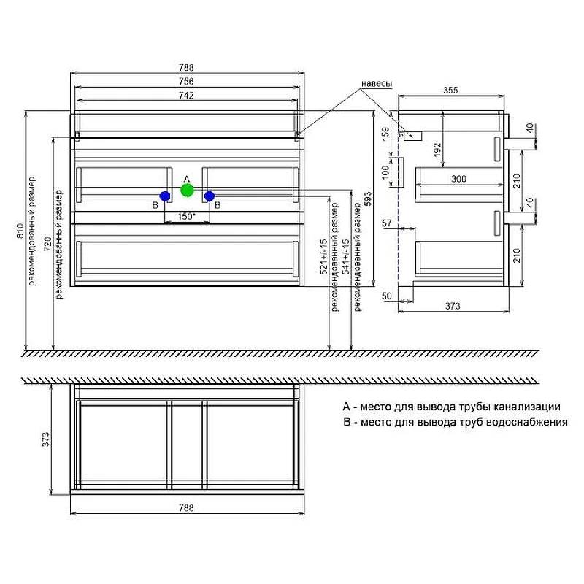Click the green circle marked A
(187, 190)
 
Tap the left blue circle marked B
(165, 196)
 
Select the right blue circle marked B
(210, 196)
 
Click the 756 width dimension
(186, 81)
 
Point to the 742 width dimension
(186, 96)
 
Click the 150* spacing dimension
(187, 216)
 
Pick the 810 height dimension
(21, 231)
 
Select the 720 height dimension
(48, 244)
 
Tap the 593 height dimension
(368, 199)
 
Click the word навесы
(377, 84)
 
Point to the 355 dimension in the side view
(450, 91)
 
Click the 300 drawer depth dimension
(458, 179)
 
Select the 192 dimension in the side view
(437, 150)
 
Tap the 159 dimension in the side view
(386, 134)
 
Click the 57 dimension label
(387, 223)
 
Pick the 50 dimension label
(387, 296)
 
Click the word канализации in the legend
(527, 407)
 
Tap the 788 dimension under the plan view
(186, 507)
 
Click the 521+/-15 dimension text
(324, 257)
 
